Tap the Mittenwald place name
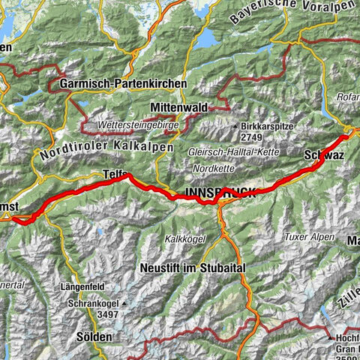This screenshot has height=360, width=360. point(178,108)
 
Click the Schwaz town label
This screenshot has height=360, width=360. point(325,156)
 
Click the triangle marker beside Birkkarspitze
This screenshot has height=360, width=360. point(236,126)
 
